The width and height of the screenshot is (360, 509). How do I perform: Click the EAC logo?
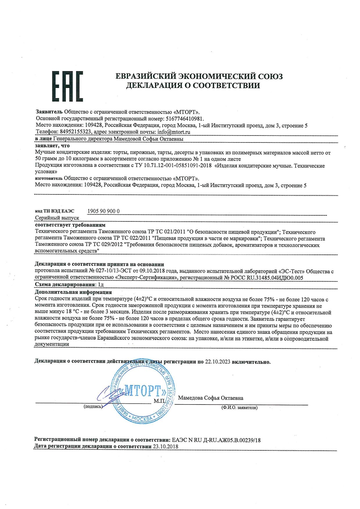click(67, 86)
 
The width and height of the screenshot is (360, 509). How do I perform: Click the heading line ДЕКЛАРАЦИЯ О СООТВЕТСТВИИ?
click(193, 85)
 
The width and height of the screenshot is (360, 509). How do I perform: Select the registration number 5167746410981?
click(184, 119)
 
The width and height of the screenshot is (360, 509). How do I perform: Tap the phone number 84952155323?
click(76, 132)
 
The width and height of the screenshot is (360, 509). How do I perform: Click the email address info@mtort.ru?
click(174, 132)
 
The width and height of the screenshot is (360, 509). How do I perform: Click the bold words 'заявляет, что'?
click(52, 146)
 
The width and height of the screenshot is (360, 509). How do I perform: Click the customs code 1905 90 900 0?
click(103, 211)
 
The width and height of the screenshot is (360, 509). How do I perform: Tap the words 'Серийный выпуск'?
click(57, 218)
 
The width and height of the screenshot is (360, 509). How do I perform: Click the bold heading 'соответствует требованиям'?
click(70, 225)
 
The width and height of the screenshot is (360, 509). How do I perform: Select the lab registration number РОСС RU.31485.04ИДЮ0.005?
click(267, 278)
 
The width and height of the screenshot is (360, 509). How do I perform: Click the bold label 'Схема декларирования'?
click(65, 284)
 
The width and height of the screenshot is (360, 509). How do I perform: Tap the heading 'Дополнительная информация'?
click(73, 292)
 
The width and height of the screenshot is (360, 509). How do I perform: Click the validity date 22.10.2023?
click(217, 362)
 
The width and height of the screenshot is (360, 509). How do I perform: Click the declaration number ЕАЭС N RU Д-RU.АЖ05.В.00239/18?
click(216, 440)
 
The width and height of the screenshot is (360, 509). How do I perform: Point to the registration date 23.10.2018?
click(165, 446)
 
